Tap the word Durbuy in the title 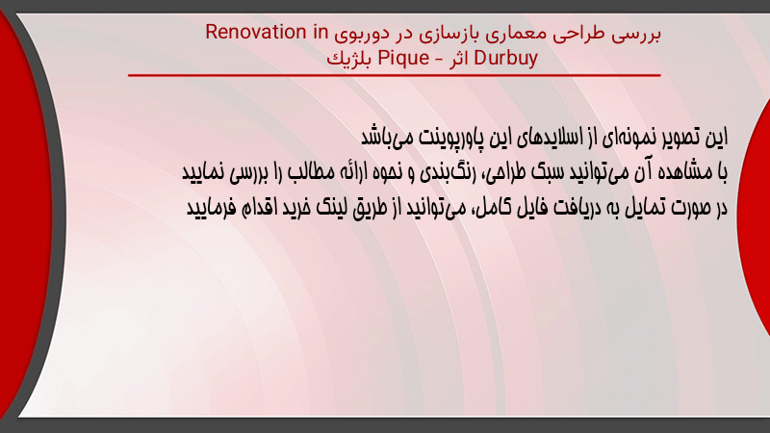click(506, 58)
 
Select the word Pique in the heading click(403, 59)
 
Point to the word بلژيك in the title click(349, 59)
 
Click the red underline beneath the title click(395, 75)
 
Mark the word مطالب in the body click(310, 172)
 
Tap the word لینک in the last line click(332, 208)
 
